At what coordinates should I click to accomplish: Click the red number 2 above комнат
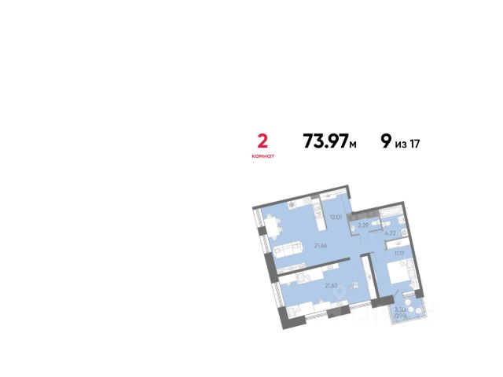click(263, 141)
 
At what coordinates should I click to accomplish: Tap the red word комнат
click(263, 156)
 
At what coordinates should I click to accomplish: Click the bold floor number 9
click(385, 141)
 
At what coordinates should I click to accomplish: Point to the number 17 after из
click(415, 142)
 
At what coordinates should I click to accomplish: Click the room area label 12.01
click(336, 217)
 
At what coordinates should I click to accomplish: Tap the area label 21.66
click(321, 247)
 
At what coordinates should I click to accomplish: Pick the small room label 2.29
click(363, 226)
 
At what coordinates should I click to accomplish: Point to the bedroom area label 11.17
click(399, 253)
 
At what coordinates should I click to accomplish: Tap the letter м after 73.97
click(354, 144)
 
